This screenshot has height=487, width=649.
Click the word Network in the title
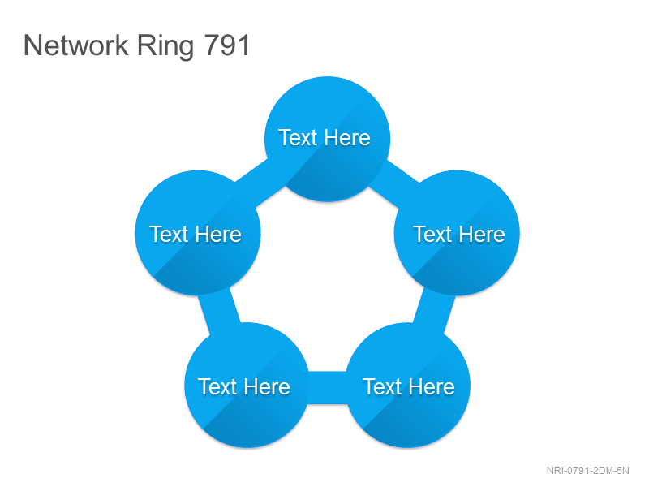76,45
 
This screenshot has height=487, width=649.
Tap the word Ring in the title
165,46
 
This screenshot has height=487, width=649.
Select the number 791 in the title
227,45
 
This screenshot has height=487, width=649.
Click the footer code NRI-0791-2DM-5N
587,471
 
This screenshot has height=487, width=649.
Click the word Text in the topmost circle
298,137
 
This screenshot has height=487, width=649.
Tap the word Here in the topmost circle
347,137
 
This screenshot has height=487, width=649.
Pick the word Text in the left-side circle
169,234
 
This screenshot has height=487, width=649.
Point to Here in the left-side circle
218,234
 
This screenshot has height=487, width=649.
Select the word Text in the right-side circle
432,234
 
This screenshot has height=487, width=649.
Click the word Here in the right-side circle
482,234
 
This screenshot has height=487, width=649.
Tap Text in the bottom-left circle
217,386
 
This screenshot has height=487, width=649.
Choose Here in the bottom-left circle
267,386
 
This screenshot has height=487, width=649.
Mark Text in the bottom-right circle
382,386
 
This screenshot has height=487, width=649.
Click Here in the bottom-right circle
432,386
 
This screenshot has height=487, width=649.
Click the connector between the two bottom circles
327,388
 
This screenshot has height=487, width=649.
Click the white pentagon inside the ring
327,282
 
